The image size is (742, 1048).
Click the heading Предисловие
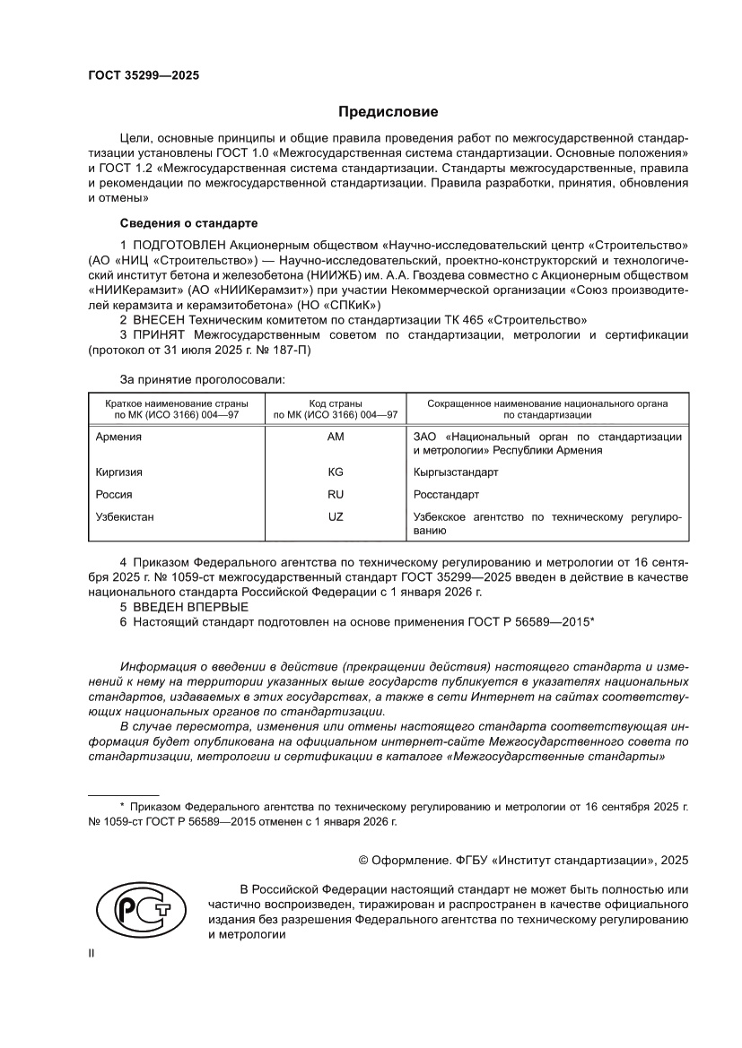coord(388,112)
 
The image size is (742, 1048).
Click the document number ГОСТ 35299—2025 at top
coord(144,76)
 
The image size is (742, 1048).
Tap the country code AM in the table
coord(336,437)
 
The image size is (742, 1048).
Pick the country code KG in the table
coord(336,472)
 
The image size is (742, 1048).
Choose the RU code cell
coord(336,495)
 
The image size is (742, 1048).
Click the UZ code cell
coord(336,517)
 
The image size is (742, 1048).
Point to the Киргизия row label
coord(118,472)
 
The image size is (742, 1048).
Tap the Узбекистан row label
coord(125,517)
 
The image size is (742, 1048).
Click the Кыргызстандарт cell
coord(456,472)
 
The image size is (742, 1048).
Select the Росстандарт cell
coord(446,495)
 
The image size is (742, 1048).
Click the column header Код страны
coord(336,404)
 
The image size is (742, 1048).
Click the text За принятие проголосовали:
coord(202,379)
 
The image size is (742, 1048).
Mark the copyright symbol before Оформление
coord(363,860)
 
